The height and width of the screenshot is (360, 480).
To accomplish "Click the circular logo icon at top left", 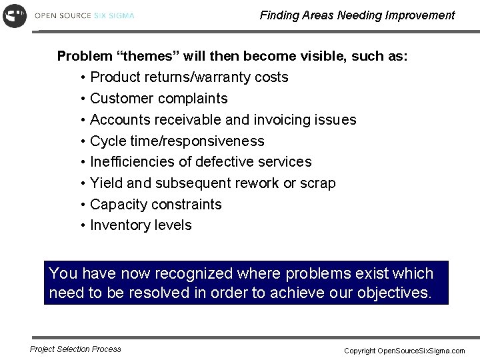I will [15, 15].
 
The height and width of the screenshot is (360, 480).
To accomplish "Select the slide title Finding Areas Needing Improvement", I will [357, 15].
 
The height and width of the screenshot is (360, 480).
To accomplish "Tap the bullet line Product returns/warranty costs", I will [189, 77].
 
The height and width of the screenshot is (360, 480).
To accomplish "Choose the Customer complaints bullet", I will [159, 99].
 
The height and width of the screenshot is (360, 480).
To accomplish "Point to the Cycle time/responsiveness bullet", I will [177, 141].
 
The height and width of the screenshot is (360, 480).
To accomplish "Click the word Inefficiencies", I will [131, 162].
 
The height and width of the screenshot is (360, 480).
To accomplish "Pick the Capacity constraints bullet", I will [155, 205].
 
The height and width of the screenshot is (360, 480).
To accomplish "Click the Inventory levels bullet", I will [141, 225].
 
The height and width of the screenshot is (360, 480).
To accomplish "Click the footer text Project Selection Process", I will [75, 349].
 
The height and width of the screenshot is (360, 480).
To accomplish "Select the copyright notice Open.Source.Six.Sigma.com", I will [404, 351].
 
